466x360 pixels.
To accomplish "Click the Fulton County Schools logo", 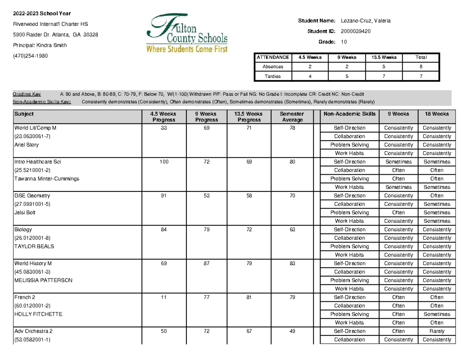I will [187, 33].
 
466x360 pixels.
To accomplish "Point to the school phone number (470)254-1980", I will [31, 56].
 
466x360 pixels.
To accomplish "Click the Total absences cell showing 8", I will [421, 66].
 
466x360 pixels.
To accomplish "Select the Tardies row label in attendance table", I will [273, 76].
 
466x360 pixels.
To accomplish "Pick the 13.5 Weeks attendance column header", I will [384, 57].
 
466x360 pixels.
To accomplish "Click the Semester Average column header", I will [292, 117].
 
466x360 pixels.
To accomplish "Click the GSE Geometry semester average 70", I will [292, 195].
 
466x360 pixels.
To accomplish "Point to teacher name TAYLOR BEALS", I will [34, 246].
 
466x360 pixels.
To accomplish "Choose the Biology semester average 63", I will [292, 230].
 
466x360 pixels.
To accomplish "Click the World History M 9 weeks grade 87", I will [206, 263].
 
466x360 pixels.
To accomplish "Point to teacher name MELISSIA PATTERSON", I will [43, 280].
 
